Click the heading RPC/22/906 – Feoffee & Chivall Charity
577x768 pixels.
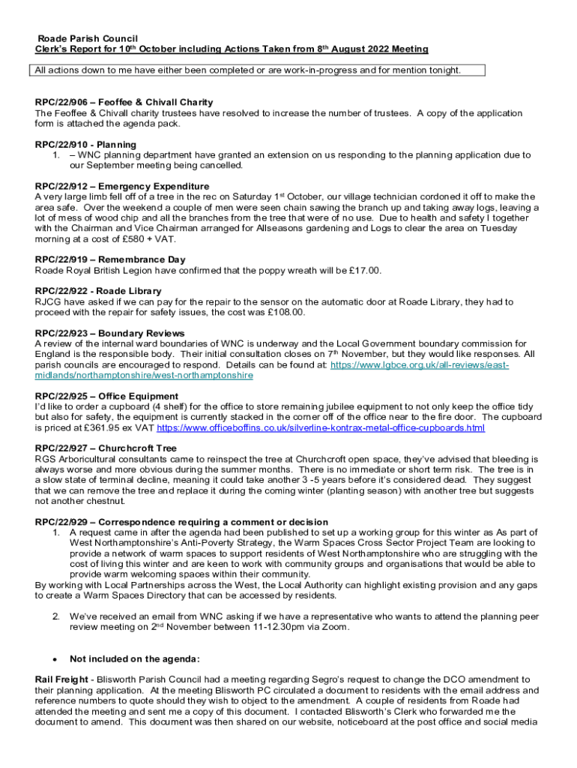(124, 102)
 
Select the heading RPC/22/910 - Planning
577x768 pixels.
(85, 144)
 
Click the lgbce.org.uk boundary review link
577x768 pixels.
(420, 364)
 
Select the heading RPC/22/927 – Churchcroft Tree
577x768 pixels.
(116, 448)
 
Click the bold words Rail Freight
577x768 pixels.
(59, 679)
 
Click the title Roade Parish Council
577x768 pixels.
(88, 38)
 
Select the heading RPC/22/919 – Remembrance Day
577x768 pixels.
(110, 260)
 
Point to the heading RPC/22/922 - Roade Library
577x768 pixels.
(98, 291)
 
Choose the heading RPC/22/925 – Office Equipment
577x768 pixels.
(117, 396)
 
